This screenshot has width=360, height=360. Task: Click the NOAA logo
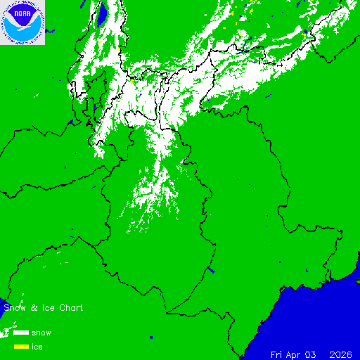pyautogui.click(x=22, y=22)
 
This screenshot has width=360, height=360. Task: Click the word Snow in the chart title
pyautogui.click(x=14, y=308)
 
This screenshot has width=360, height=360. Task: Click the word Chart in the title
pyautogui.click(x=70, y=308)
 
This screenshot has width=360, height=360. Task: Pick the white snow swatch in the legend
pyautogui.click(x=21, y=333)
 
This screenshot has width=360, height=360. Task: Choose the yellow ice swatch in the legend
pyautogui.click(x=21, y=347)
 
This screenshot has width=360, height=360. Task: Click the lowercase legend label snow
pyautogui.click(x=41, y=333)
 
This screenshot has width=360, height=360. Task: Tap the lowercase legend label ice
pyautogui.click(x=37, y=347)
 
